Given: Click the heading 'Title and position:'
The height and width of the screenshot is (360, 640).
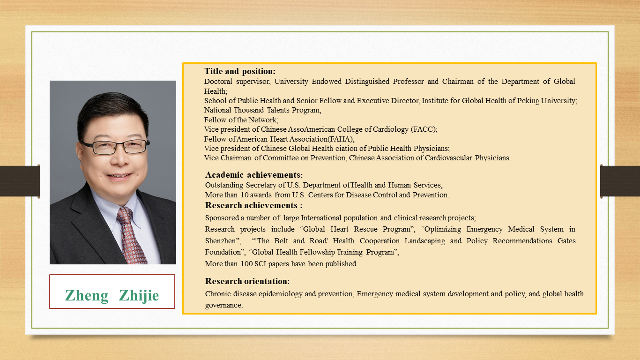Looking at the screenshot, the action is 240,71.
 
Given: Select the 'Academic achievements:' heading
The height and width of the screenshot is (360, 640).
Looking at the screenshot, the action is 254,175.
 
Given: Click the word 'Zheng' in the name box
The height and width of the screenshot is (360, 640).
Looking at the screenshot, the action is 87,295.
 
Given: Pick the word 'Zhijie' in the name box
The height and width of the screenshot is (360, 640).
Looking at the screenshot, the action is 139,295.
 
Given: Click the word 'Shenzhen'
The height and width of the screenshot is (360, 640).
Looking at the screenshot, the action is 220,241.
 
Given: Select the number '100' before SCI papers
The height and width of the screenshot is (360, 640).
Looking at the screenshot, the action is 246,263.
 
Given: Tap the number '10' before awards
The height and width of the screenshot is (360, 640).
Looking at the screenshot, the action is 244,195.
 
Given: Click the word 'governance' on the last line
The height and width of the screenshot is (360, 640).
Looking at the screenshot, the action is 223,305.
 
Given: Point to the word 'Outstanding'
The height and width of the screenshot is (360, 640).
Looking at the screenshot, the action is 224,185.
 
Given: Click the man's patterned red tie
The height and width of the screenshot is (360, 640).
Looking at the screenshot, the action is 131,236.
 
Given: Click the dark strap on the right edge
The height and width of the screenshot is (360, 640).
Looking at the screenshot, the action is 620,181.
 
